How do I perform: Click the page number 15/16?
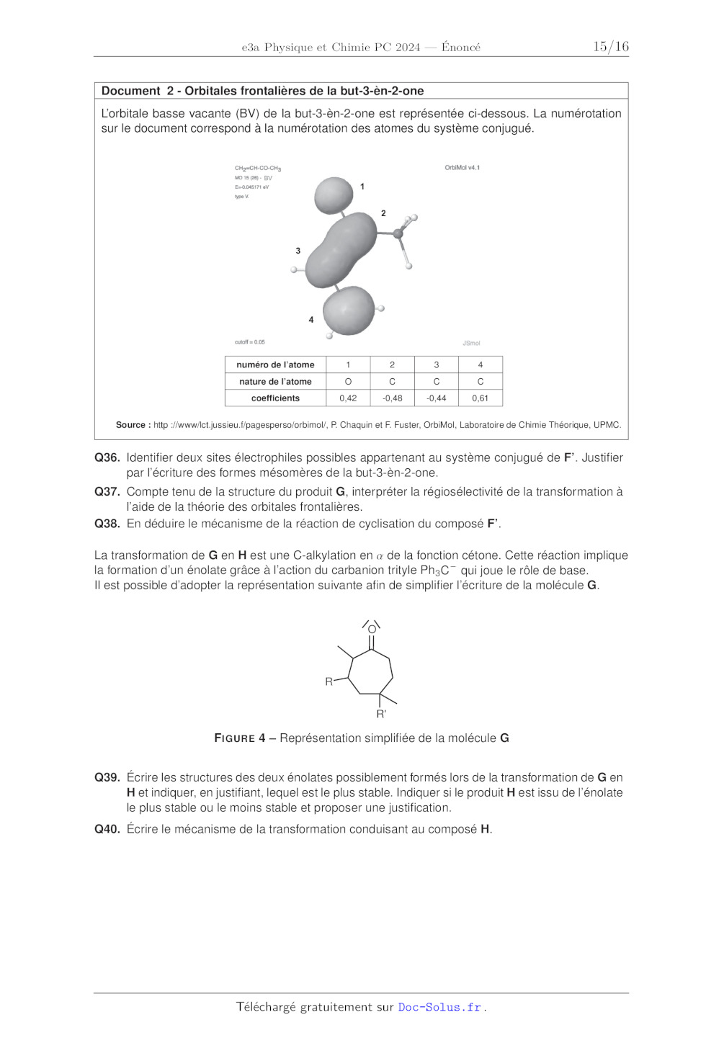610,47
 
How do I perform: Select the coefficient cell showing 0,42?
348,398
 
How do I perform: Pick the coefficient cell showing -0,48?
392,398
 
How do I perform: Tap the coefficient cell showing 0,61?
480,398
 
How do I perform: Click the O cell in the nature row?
348,382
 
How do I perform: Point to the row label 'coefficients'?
275,398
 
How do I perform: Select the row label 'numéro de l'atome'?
275,365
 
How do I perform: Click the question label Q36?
107,457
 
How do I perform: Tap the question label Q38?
107,524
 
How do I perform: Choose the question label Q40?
107,829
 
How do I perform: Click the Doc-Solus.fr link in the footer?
439,1007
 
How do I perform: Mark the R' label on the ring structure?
381,714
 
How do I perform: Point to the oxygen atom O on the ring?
372,630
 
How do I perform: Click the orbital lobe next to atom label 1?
334,195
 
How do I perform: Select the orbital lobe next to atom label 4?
349,310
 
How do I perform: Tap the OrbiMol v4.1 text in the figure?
462,168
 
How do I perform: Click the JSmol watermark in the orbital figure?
471,343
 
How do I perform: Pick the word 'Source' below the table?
133,425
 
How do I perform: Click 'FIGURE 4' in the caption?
239,738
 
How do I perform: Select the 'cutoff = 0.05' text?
249,342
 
